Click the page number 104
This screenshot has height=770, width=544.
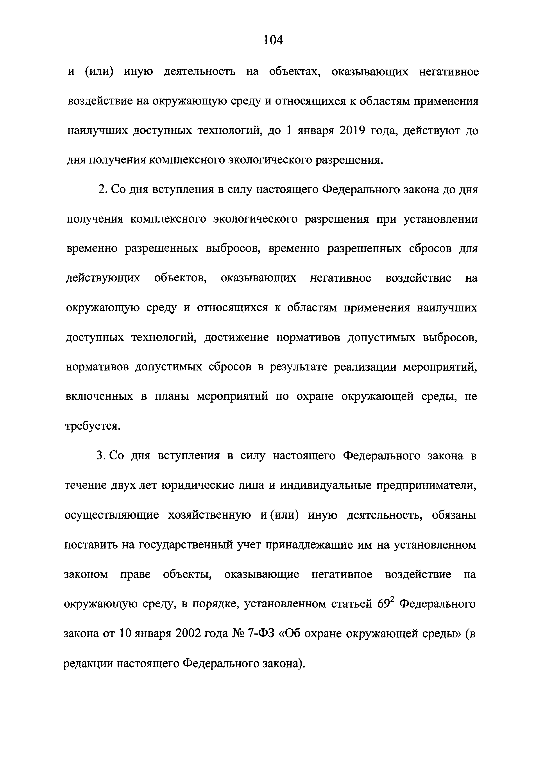tap(273, 40)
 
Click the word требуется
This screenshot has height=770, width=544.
tap(92, 426)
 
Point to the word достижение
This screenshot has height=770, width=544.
tap(236, 337)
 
